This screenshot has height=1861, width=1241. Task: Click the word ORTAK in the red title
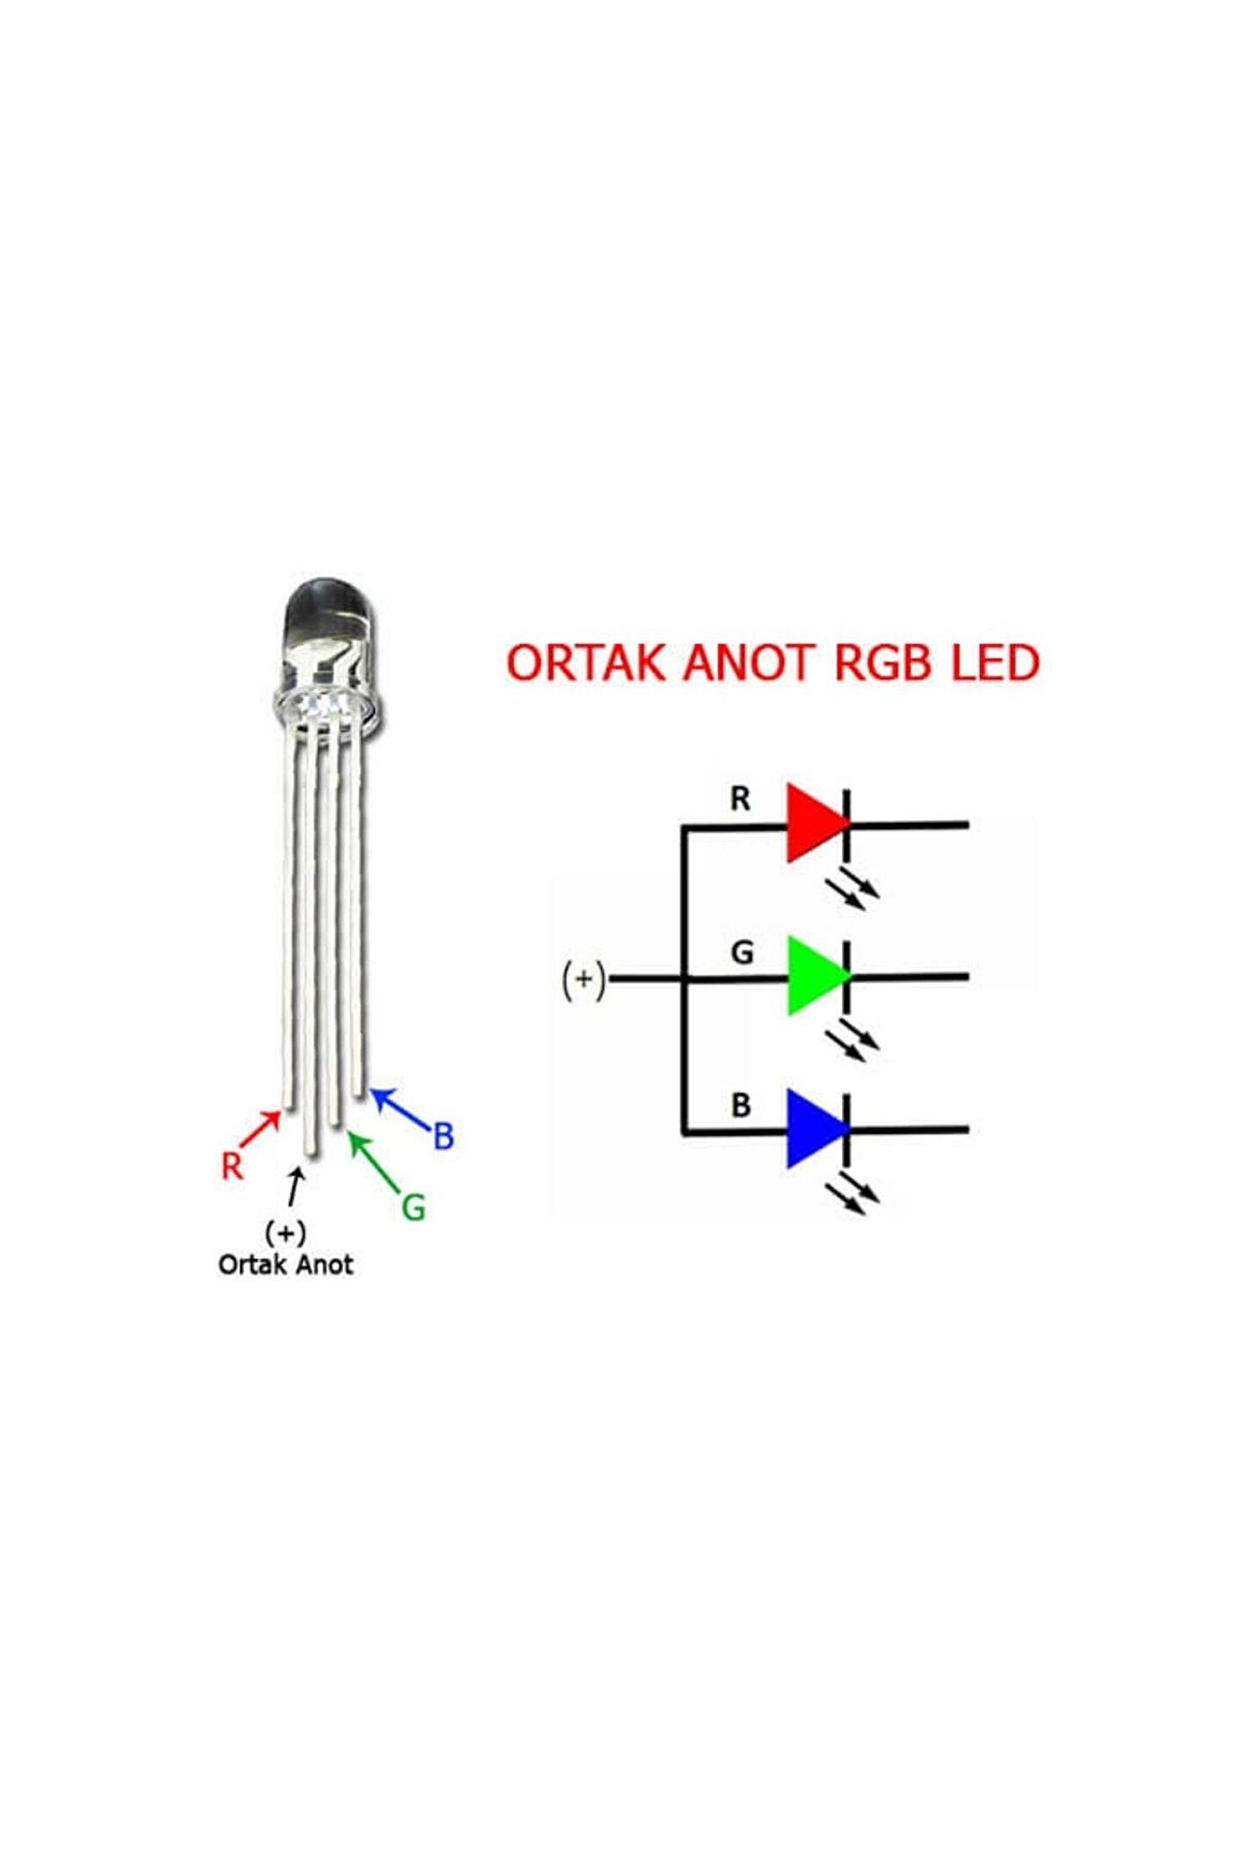pyautogui.click(x=586, y=663)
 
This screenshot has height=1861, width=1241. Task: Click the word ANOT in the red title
pyautogui.click(x=748, y=663)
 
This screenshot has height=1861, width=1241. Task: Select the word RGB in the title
pyautogui.click(x=883, y=663)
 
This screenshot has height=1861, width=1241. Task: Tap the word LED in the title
pyautogui.click(x=995, y=663)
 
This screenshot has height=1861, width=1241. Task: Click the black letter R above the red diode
pyautogui.click(x=740, y=799)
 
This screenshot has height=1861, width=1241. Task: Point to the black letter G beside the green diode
pyautogui.click(x=742, y=952)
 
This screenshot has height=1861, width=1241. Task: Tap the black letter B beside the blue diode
pyautogui.click(x=740, y=1105)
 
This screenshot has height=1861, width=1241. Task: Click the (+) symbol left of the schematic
pyautogui.click(x=583, y=980)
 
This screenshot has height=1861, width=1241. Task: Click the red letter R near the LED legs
pyautogui.click(x=232, y=1167)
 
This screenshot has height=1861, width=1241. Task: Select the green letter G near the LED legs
pyautogui.click(x=414, y=1208)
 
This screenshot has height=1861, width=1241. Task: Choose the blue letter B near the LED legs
pyautogui.click(x=443, y=1136)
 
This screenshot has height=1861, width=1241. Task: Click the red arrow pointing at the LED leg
pyautogui.click(x=260, y=1129)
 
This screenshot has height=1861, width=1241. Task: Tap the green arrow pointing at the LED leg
pyautogui.click(x=374, y=1162)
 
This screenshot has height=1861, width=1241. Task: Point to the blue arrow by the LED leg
pyautogui.click(x=400, y=1109)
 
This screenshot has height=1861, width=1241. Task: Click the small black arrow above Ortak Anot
pyautogui.click(x=296, y=1187)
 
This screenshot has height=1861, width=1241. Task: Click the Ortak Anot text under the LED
pyautogui.click(x=285, y=1265)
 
